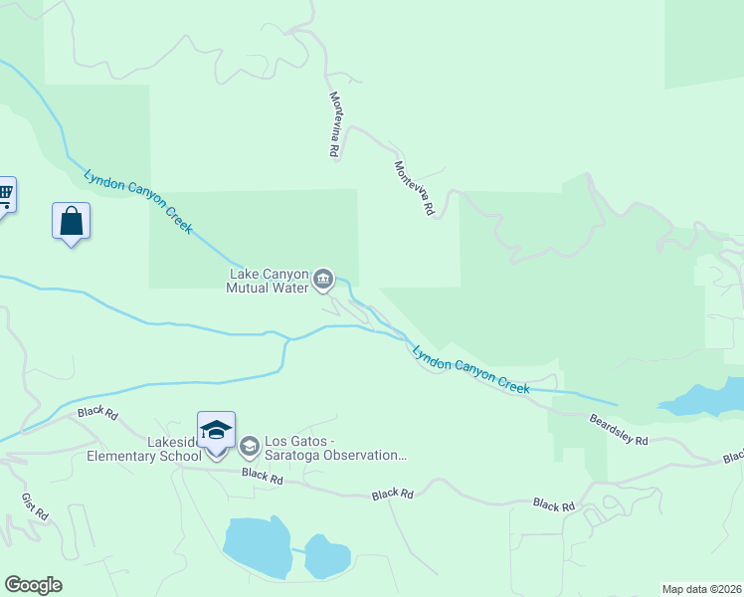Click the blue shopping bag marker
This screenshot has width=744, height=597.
(71, 221)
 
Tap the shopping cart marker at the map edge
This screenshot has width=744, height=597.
(4, 193)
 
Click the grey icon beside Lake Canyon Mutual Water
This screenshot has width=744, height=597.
(323, 281)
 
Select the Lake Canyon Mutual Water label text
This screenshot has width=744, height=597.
(270, 281)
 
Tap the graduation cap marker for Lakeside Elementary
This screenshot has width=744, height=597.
(216, 431)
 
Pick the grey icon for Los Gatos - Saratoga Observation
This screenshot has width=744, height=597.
(249, 445)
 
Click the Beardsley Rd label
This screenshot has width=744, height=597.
(618, 429)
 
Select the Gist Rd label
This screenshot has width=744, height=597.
(34, 506)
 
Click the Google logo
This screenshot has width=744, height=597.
(33, 585)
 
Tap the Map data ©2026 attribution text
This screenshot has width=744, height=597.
(701, 589)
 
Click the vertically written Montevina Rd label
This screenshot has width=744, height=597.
(335, 125)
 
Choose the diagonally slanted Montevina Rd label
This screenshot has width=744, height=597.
(415, 189)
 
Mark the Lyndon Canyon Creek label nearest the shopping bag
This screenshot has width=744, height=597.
(137, 200)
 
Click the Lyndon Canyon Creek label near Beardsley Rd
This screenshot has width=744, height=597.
(470, 370)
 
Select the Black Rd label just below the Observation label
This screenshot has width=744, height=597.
(263, 479)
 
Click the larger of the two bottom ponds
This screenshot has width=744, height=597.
(256, 545)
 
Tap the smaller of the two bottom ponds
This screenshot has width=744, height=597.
(326, 557)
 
